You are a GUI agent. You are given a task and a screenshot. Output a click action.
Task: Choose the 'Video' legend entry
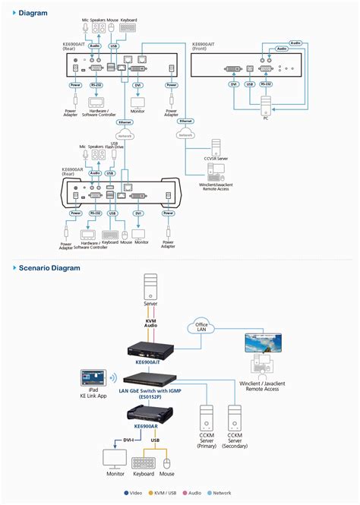pyautogui.click(x=132, y=493)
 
